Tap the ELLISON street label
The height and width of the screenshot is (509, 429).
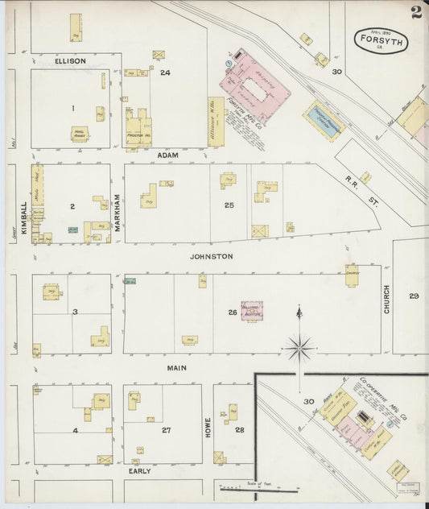click(70, 60)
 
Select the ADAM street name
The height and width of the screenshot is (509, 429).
click(167, 154)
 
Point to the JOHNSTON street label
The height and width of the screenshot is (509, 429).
click(211, 256)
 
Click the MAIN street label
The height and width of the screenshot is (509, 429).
click(176, 367)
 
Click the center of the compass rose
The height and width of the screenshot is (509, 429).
click(299, 348)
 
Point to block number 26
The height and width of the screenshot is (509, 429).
click(232, 312)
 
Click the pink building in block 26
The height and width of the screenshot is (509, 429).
click(251, 308)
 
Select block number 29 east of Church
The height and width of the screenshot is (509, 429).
click(414, 296)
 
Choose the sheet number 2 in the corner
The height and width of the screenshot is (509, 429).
click(415, 11)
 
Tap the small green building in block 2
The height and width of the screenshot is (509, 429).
click(72, 230)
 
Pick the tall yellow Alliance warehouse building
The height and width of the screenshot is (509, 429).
click(216, 122)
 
